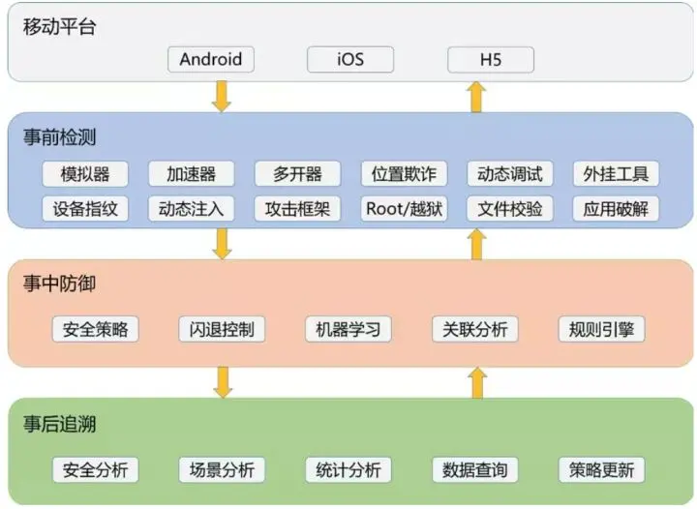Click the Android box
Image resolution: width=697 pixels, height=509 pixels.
(x=210, y=59)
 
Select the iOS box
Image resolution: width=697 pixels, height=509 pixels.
(x=350, y=59)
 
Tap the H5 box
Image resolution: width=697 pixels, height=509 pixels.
(x=491, y=59)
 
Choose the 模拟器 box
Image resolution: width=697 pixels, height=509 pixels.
(x=85, y=174)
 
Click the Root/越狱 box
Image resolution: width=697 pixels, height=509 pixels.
(x=404, y=208)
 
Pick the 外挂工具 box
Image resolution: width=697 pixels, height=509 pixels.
(x=616, y=174)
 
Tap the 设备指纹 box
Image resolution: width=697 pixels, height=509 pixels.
(x=85, y=208)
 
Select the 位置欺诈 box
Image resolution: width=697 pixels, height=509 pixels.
(x=404, y=174)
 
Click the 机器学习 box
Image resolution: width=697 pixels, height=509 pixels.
(x=348, y=329)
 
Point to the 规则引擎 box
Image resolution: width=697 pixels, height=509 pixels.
(x=601, y=329)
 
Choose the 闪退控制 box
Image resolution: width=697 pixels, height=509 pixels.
(x=222, y=329)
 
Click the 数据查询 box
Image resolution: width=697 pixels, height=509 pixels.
(x=474, y=470)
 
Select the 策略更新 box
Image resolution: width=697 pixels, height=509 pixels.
(x=601, y=470)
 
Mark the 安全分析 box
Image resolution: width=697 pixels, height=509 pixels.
(x=95, y=470)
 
